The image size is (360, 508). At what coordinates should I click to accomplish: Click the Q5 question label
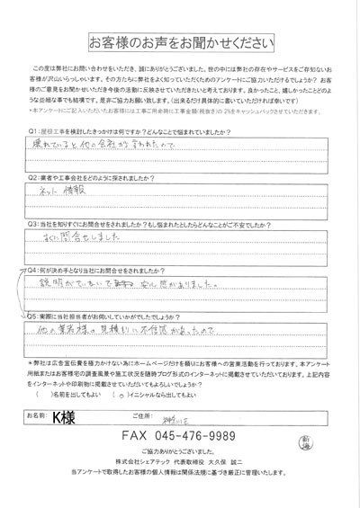click(33, 316)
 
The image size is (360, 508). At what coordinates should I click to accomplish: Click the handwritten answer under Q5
click(144, 331)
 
